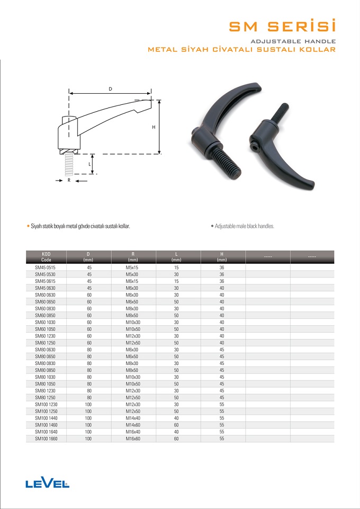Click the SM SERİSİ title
point(282,26)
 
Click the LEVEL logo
point(47,484)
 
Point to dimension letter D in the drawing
point(110,89)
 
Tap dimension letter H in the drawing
point(154,127)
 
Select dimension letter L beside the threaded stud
point(89,164)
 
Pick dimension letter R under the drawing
point(69,181)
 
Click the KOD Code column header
point(47,257)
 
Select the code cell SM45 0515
point(46,267)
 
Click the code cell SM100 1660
point(46,439)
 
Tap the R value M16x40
point(133,432)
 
